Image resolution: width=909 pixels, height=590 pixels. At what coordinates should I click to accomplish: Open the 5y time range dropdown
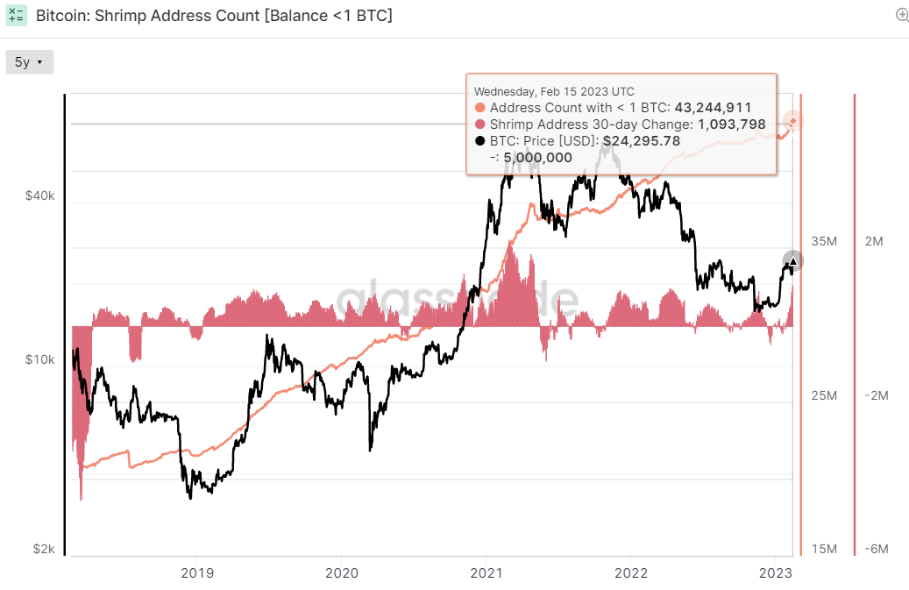coord(29,62)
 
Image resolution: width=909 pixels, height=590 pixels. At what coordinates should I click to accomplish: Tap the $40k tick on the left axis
coord(40,197)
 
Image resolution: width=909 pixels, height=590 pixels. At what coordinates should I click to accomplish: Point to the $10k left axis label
coord(40,360)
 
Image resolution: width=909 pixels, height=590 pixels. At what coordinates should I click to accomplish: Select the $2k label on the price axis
coord(44,549)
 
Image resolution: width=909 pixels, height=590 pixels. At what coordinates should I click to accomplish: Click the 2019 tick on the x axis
coord(196,572)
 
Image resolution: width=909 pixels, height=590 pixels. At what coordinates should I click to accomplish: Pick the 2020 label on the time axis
coord(341,572)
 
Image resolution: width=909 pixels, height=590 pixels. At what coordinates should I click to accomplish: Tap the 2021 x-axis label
coord(486,572)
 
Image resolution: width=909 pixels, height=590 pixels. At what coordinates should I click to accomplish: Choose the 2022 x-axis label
coord(631,572)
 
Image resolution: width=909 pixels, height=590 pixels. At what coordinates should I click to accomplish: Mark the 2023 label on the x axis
coord(775,572)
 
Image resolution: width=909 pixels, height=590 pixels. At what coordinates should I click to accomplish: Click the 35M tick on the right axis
coord(825,241)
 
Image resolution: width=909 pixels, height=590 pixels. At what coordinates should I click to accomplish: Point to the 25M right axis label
coord(825,396)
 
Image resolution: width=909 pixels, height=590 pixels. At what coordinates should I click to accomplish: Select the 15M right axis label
coord(825,549)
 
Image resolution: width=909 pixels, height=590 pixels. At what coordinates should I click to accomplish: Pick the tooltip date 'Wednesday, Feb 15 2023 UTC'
coord(554,91)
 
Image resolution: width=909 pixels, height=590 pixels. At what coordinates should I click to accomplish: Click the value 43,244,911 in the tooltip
coord(713,108)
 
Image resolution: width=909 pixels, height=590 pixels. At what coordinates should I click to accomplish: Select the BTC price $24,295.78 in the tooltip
coord(641,140)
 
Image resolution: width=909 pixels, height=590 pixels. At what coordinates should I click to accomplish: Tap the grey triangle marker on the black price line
coord(792,261)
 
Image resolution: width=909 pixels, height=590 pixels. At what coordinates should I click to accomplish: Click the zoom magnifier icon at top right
coord(902,15)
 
